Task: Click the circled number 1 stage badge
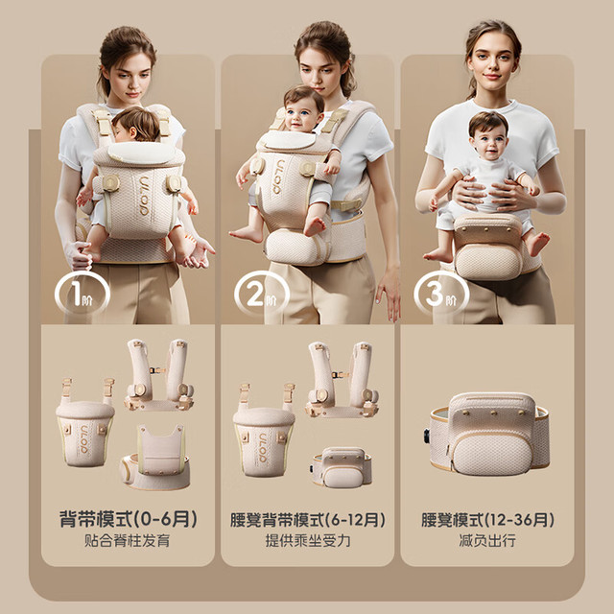coord(83,294)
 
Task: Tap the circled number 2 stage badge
coord(262,294)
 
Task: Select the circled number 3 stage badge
coord(441,294)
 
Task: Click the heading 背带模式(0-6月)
coord(128,519)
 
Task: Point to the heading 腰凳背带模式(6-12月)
coord(308,520)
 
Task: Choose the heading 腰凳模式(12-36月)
coord(487,520)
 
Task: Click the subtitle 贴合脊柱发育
coord(128,541)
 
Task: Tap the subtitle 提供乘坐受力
coord(308,541)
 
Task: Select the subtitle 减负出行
coord(487,541)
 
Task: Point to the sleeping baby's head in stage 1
coord(136,124)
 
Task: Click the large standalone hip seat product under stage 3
coord(489,435)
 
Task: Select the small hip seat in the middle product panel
coord(342,467)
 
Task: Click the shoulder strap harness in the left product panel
coord(159,375)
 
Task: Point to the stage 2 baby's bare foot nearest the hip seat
coord(316,226)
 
